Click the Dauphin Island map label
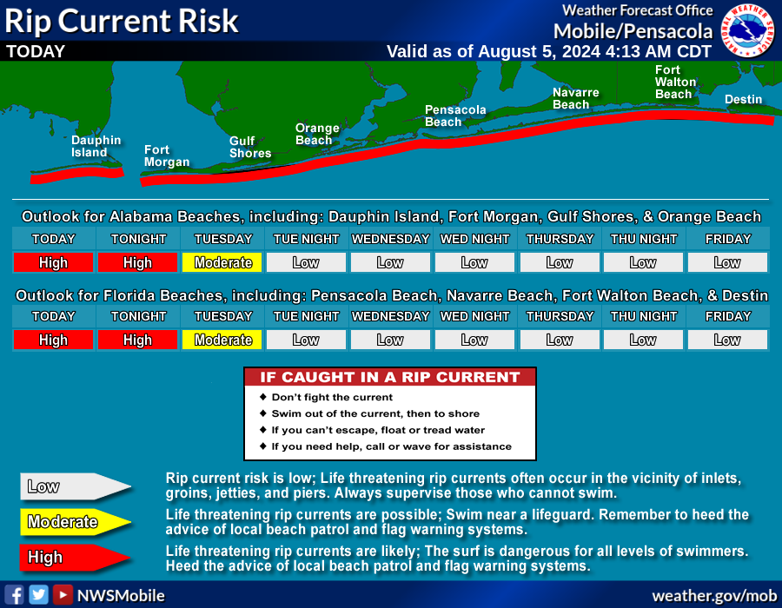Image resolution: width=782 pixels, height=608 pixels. click(96, 147)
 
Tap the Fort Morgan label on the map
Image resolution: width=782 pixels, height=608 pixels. click(167, 156)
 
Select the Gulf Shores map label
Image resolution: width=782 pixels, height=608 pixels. click(250, 147)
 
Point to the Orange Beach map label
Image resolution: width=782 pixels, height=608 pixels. click(317, 134)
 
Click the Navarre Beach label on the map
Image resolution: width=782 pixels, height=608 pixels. click(575, 98)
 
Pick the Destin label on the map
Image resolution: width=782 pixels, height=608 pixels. click(743, 100)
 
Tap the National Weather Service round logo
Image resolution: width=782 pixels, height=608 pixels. click(747, 30)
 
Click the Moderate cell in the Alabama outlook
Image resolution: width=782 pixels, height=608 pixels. click(222, 262)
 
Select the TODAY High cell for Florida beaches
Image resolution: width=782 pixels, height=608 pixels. click(53, 340)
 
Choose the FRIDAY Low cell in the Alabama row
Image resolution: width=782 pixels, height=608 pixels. click(727, 262)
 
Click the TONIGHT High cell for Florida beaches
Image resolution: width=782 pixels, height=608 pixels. click(137, 340)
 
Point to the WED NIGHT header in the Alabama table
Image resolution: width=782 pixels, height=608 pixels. click(474, 239)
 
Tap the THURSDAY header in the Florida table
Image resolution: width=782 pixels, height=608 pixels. click(560, 316)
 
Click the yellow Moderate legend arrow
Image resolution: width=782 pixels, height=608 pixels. click(76, 522)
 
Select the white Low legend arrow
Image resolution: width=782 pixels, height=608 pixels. click(76, 486)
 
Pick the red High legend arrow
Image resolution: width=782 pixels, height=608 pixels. click(76, 557)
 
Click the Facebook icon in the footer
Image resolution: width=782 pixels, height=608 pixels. click(15, 595)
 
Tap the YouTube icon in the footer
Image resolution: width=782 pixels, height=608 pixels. click(63, 595)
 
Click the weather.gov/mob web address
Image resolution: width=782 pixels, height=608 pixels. click(714, 596)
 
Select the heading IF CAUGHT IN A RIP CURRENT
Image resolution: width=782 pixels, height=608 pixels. click(390, 377)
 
